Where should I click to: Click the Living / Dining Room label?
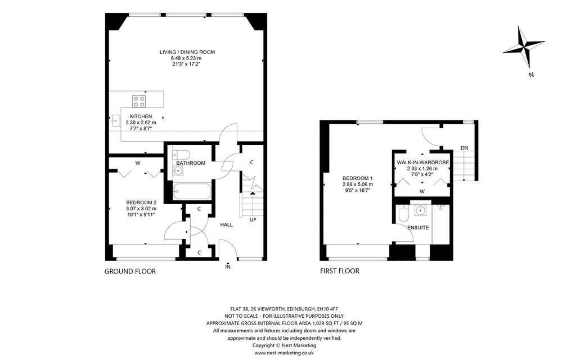[187, 52]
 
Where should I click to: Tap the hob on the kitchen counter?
[139, 101]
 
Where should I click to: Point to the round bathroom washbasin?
[178, 170]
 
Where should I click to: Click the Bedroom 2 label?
[141, 202]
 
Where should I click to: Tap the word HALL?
[226, 224]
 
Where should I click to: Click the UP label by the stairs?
[253, 220]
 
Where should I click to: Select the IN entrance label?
[228, 267]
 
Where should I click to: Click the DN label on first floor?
[465, 148]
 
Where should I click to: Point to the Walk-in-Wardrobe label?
[423, 163]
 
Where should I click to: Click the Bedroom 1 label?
[358, 178]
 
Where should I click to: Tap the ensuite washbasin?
[420, 210]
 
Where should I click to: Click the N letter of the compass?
[531, 75]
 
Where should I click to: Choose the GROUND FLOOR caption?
[130, 272]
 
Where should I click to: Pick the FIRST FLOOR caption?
[340, 271]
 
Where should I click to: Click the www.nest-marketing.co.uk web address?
[284, 353]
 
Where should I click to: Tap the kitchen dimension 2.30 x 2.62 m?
[141, 123]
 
